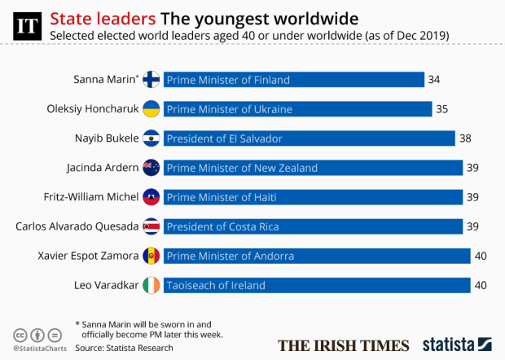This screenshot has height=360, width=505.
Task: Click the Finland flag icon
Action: [x=151, y=80]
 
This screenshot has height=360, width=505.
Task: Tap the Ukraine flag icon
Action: [x=151, y=109]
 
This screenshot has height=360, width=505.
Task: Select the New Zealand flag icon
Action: [x=151, y=168]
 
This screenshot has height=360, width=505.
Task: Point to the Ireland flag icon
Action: [x=151, y=285]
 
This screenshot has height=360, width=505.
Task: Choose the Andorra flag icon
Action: [x=151, y=256]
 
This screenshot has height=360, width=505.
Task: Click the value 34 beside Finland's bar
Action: [x=434, y=80]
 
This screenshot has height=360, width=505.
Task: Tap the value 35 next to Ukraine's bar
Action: [x=442, y=109]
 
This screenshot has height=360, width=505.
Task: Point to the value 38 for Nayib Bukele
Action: [x=465, y=138]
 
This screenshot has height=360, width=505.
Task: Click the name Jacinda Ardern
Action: [x=101, y=168]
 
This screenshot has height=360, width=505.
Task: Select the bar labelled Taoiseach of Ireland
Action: [x=317, y=285]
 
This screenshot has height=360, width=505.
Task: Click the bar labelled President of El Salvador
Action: [x=310, y=138]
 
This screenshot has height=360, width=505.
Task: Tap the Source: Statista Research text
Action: [x=124, y=348]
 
